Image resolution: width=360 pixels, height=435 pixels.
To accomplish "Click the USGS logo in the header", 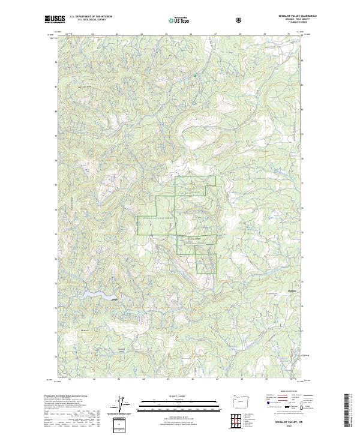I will click(55, 20).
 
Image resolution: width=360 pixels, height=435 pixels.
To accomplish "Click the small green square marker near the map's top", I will click(194, 75).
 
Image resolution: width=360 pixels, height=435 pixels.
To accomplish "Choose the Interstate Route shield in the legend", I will click(265, 412).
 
